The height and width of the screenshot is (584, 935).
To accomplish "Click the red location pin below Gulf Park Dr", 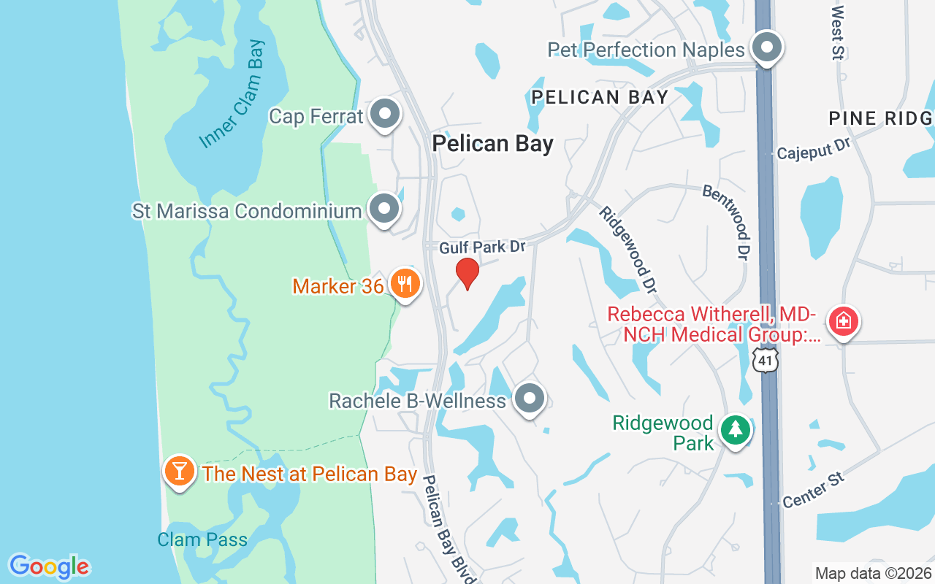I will [467, 273].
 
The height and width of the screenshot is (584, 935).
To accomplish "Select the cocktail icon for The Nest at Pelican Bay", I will [179, 471].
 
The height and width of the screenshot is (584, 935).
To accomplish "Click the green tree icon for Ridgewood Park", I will [736, 430].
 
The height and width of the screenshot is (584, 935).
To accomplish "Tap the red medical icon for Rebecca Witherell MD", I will [843, 321].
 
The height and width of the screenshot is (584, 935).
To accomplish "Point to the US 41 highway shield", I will [764, 359].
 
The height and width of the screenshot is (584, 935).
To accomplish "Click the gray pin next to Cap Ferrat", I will [384, 115].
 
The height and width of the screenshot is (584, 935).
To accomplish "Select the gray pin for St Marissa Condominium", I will [384, 210].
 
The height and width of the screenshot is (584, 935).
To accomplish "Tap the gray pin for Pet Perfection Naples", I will [766, 48].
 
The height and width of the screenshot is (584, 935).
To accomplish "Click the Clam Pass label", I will [202, 540].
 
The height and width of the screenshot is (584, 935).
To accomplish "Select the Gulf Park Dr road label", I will [482, 247].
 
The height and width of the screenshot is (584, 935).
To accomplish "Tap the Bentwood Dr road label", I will [727, 221].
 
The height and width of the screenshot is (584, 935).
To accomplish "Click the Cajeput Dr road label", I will [814, 149].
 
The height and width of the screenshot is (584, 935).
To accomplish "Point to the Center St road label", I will [813, 491].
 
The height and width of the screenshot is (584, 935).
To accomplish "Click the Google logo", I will [49, 566].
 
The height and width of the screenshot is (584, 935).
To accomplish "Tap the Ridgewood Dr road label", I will [626, 249].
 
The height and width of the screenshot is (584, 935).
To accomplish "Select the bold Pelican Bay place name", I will [492, 143].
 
